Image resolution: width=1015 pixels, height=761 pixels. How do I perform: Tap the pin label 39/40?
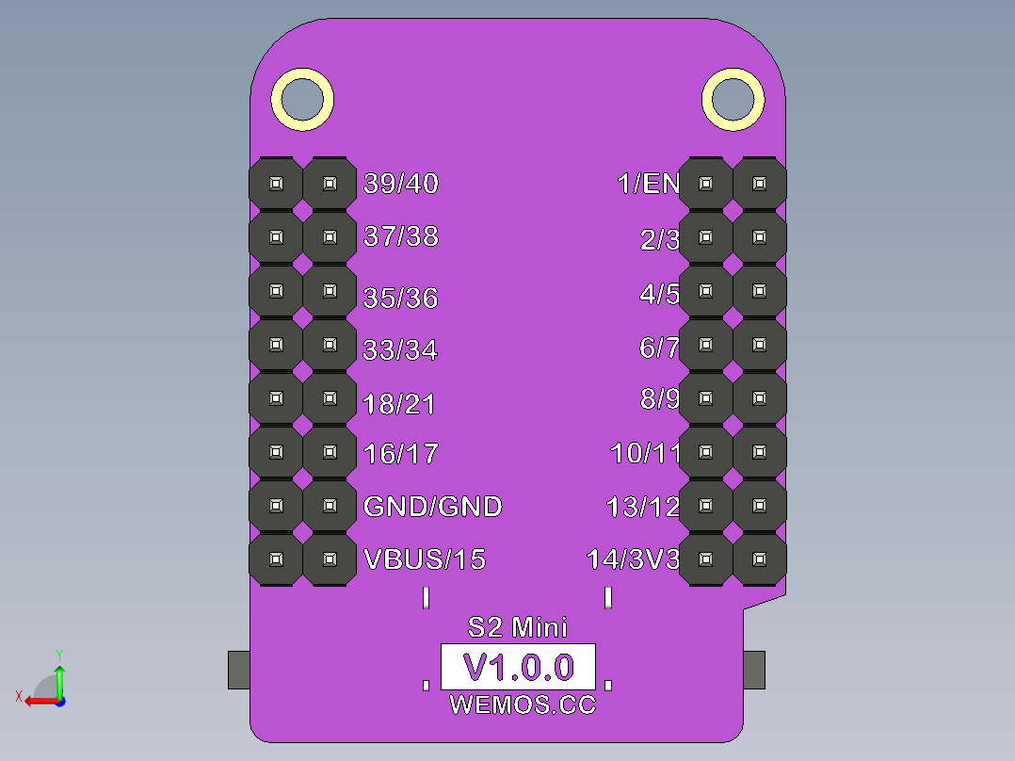[x=401, y=184]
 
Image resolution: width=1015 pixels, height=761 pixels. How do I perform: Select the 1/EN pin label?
[x=648, y=184]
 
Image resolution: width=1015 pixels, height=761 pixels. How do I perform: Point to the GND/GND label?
[x=432, y=507]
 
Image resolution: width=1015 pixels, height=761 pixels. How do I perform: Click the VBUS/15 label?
[x=425, y=559]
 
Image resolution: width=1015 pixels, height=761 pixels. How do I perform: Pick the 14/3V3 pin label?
[x=633, y=559]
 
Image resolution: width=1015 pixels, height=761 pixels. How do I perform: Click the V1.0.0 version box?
[x=519, y=668]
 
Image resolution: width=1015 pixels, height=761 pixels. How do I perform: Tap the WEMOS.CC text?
[x=523, y=704]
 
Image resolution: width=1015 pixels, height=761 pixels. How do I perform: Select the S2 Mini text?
[x=518, y=626]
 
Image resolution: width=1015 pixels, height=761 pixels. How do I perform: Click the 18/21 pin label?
[x=399, y=405]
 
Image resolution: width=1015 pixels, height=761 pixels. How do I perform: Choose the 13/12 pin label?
[x=643, y=508]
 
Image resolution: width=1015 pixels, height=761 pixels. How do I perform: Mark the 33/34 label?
[x=400, y=351]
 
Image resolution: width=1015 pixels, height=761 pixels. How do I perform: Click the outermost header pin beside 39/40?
[x=276, y=184]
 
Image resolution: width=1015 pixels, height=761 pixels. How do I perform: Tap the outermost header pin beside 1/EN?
[x=760, y=184]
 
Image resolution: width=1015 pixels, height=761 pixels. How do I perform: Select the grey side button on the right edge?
[x=754, y=669]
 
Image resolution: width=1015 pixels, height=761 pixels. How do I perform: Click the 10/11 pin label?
[x=645, y=454]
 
